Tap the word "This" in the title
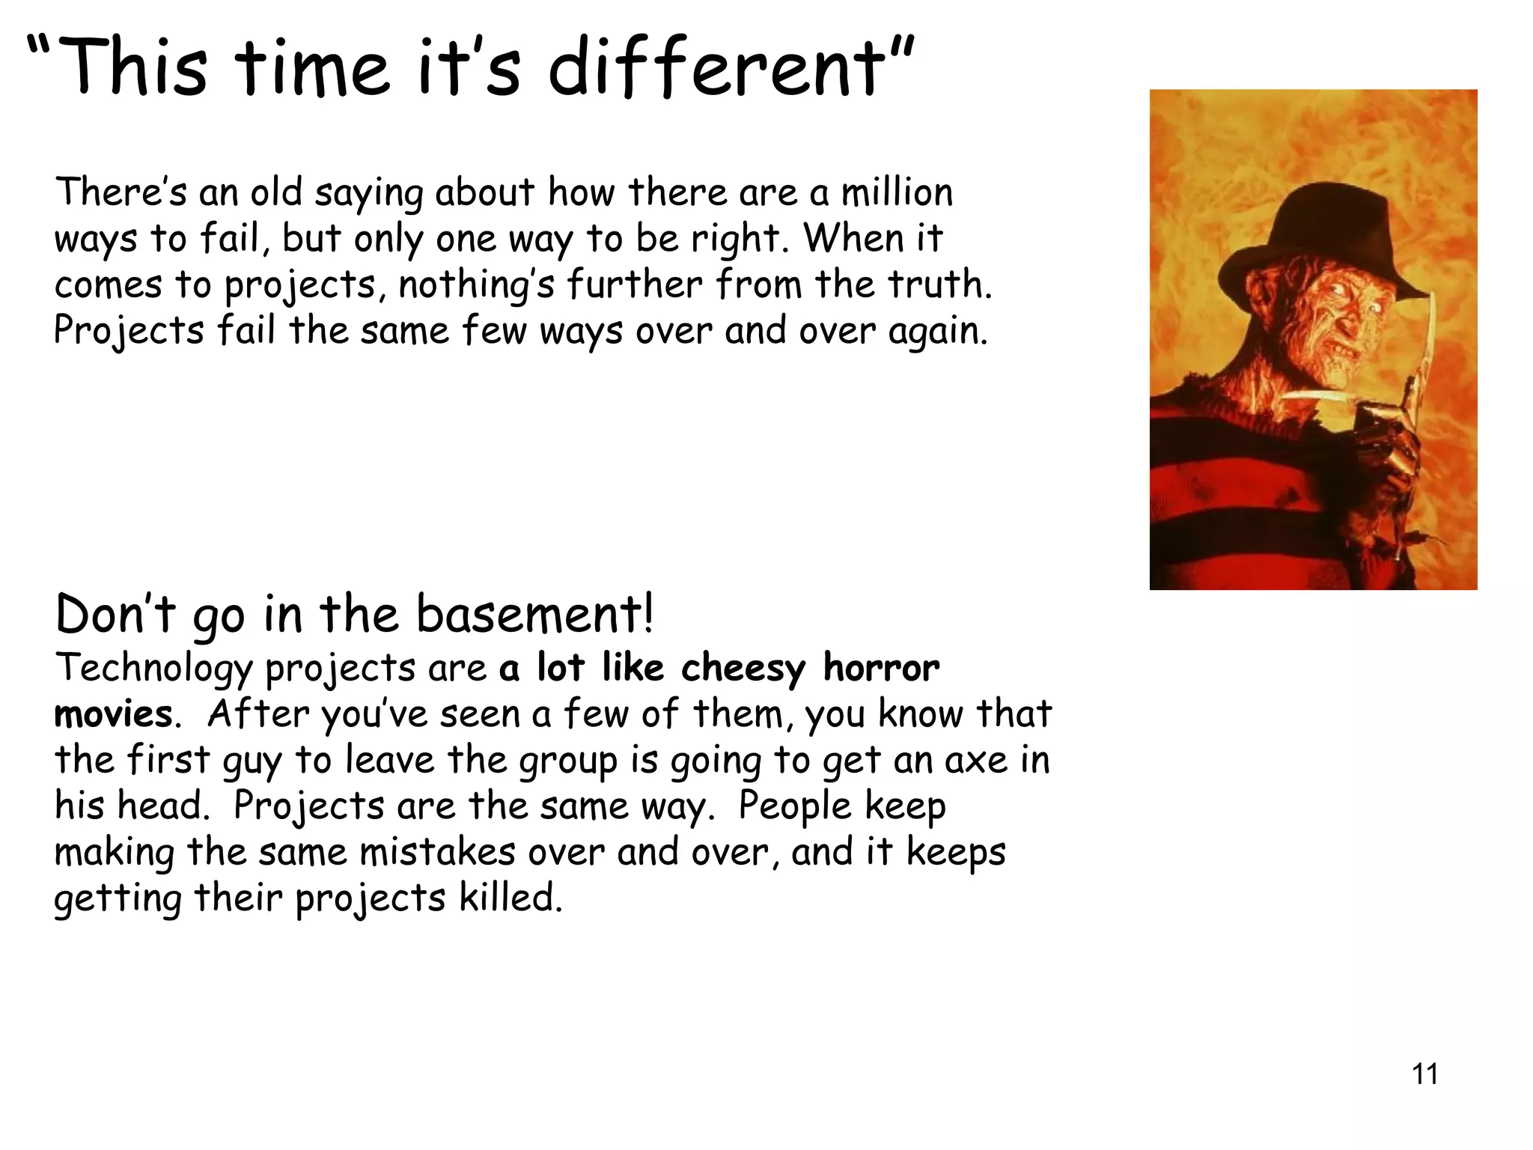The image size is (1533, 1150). coord(132,69)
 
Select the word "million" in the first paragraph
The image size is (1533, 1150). coord(897,192)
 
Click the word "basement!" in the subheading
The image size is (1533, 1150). coord(534,614)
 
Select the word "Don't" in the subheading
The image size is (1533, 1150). coord(115,614)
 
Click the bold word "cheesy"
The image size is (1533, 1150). coord(743,669)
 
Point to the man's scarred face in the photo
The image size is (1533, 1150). coord(1340,322)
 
